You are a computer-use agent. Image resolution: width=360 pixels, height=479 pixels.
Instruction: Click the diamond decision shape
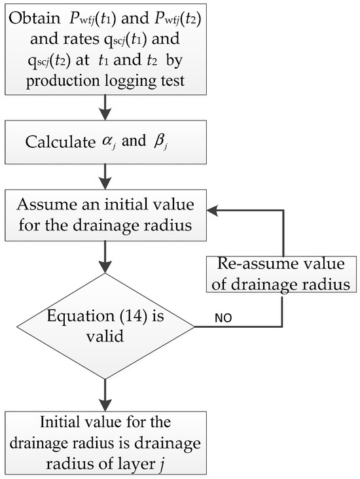103,322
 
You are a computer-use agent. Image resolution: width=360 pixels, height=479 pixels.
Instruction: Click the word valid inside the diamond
103,332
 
